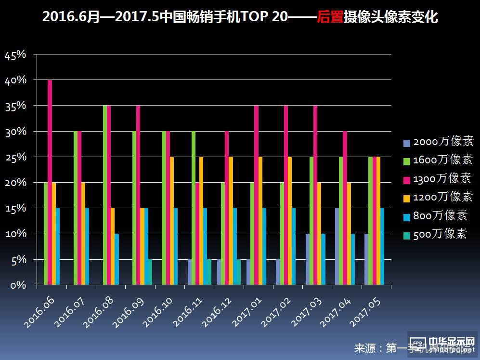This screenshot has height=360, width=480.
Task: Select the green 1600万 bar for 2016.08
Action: coord(105,195)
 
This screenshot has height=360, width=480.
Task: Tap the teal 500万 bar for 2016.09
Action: coord(150,272)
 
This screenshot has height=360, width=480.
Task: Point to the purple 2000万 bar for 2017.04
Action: coord(337,247)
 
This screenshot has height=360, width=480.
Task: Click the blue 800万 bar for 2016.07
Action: coord(87,247)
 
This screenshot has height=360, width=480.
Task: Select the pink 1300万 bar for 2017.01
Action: coord(257,195)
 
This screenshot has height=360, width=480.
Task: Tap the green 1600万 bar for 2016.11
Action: coord(194,208)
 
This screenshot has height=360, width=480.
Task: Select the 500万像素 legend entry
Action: coord(436,234)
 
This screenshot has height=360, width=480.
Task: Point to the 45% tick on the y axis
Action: coord(15,55)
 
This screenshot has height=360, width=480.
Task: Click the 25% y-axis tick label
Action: coord(15,157)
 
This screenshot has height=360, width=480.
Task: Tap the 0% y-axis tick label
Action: coord(17,285)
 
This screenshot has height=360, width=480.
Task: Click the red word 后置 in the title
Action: coord(330,17)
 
